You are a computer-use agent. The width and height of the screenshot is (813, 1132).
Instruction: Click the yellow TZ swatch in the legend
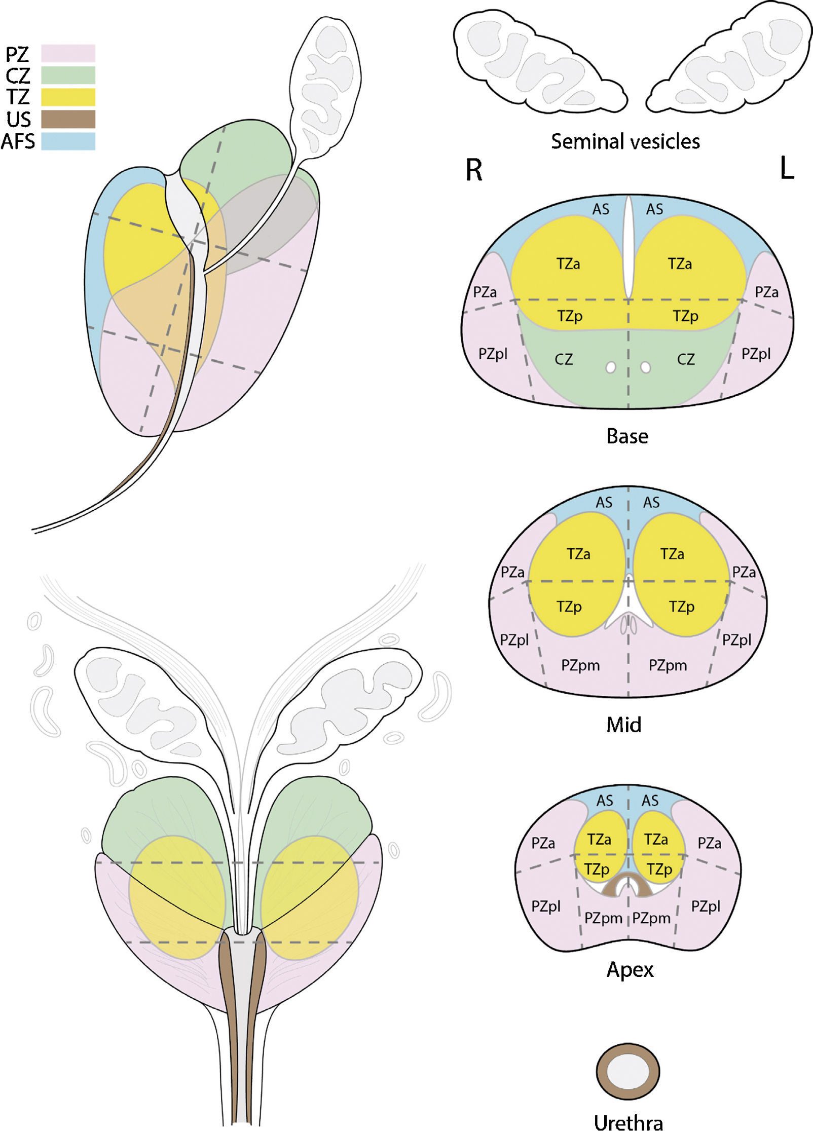click(x=68, y=97)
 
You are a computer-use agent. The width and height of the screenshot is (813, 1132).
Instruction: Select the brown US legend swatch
click(x=68, y=119)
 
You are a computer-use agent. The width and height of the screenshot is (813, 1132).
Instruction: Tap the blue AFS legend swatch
click(x=68, y=141)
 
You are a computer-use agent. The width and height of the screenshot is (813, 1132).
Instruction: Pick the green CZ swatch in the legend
click(x=68, y=75)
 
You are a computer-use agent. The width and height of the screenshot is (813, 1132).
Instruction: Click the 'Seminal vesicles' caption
click(x=625, y=141)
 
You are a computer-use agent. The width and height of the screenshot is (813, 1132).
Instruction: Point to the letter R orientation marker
click(x=474, y=170)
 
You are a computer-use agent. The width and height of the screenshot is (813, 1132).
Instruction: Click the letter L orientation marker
click(x=786, y=169)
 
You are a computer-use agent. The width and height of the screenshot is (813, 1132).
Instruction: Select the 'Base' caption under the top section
click(x=627, y=436)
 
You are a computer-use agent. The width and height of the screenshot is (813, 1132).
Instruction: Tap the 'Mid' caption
click(x=624, y=725)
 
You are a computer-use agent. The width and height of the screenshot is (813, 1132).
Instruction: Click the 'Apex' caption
click(x=630, y=969)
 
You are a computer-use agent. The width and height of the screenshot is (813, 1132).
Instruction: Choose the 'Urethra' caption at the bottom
click(x=629, y=1122)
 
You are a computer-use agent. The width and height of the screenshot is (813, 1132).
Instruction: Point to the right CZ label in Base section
click(x=686, y=359)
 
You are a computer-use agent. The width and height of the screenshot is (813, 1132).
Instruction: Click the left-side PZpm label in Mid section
click(x=580, y=665)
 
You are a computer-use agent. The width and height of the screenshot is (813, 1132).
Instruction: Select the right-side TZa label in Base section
click(x=680, y=264)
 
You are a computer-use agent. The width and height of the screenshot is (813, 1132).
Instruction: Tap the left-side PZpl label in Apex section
click(x=546, y=906)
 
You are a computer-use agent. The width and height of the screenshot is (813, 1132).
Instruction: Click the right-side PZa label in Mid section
click(x=744, y=573)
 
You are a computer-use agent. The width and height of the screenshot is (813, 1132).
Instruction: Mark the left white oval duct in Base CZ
click(x=611, y=367)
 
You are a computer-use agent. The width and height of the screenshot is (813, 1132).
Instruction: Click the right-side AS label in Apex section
click(x=650, y=801)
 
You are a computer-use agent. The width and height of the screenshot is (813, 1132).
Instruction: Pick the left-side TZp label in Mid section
click(x=569, y=607)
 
